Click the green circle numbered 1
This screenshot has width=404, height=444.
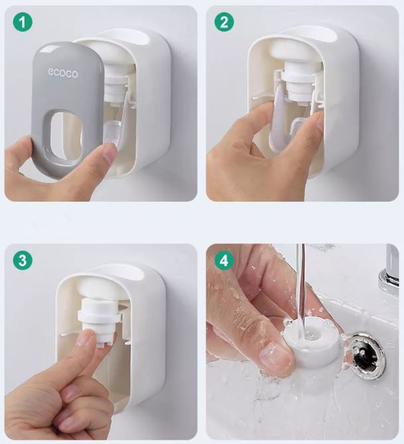coord(23,22)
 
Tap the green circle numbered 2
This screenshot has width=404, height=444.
coord(224,22)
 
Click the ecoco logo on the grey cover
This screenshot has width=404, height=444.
coord(62,73)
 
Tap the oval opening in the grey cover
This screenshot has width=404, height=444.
coord(65,138)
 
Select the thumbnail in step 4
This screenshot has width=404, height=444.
coord(275,358)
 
